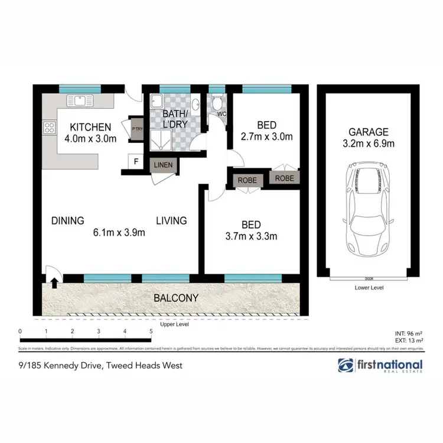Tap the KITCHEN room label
point(90,127)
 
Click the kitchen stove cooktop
point(48,127)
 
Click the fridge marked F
point(136,161)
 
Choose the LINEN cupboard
point(164,166)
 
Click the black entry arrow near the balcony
point(54,283)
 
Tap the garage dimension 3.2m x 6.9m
point(368,144)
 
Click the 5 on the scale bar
point(152,331)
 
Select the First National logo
point(380,366)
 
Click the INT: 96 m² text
point(408,333)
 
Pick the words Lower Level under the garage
point(369,288)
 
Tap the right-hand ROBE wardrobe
point(284,177)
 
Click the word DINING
point(67,220)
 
